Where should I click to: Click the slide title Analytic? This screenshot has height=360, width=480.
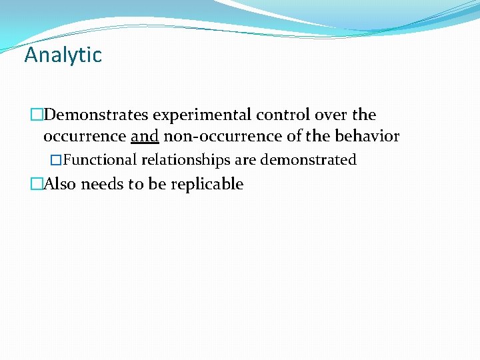click(x=63, y=55)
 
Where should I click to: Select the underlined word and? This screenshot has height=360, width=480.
click(x=145, y=137)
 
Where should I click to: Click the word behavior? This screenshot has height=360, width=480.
click(x=368, y=137)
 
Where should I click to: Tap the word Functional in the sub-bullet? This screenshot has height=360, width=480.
click(x=100, y=160)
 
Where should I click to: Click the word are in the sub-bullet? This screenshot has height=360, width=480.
click(x=245, y=160)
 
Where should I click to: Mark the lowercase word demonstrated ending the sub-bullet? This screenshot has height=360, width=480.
click(x=308, y=160)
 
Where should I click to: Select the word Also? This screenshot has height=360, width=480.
click(x=59, y=184)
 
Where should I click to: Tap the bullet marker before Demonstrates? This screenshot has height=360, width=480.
click(x=36, y=115)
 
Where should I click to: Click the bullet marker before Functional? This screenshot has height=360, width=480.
click(x=57, y=160)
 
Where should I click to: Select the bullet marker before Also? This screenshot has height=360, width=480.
click(x=36, y=184)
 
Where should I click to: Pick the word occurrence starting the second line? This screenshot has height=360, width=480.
click(x=85, y=137)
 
